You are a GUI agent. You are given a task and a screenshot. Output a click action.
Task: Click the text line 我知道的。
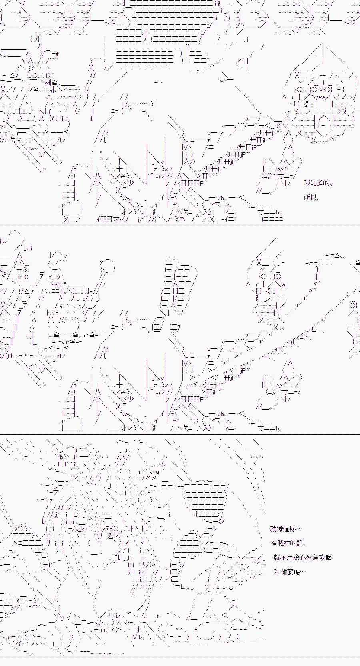coord(318,183)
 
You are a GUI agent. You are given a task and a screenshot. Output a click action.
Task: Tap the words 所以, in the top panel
coord(311,198)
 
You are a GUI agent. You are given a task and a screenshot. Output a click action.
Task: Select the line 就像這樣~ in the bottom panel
coord(286,529)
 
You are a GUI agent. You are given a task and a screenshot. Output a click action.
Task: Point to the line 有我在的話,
coord(288,543)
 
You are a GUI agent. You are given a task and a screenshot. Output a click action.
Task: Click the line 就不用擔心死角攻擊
coord(303,557)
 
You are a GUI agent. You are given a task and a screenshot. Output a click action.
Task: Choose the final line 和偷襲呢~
coord(290,572)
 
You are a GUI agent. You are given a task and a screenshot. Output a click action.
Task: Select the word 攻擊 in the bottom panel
coord(324,557)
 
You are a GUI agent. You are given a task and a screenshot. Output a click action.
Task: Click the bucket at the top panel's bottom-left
coord(72,212)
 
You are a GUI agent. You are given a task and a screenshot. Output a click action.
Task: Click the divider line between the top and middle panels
coord(180,226)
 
